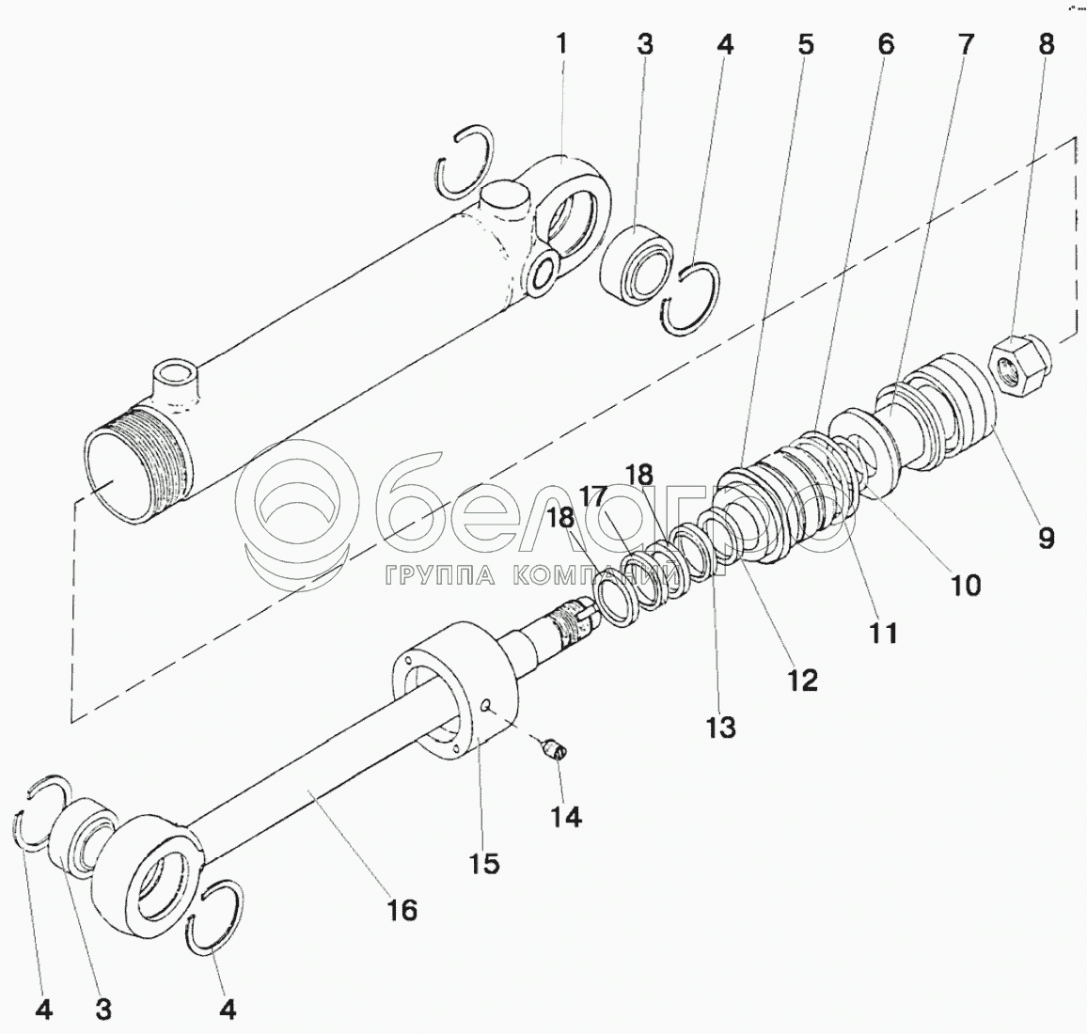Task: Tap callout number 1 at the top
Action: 561,43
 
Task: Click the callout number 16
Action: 402,910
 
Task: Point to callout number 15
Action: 485,863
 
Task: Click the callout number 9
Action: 1045,538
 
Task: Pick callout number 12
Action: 802,680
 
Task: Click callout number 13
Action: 721,727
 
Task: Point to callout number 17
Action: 594,495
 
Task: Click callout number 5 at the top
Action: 807,43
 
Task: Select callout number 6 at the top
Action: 885,43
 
